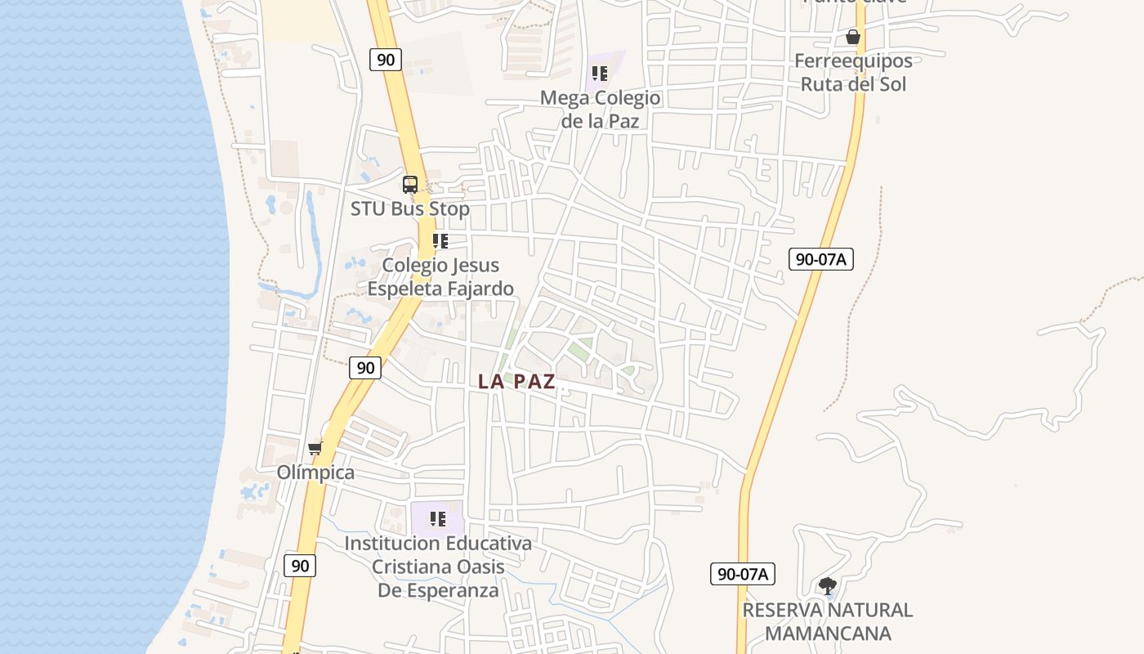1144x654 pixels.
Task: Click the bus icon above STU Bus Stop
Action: click(410, 185)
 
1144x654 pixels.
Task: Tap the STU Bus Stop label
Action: click(410, 208)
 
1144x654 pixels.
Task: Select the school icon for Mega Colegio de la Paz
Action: click(600, 74)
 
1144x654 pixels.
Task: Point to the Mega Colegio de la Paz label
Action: click(600, 109)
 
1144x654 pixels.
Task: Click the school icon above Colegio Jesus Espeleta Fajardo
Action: click(440, 241)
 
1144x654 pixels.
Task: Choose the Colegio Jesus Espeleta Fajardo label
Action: click(440, 276)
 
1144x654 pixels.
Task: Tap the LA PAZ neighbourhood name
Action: click(516, 381)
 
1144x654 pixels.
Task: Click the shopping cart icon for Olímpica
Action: click(315, 448)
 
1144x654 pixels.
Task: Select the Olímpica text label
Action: click(315, 473)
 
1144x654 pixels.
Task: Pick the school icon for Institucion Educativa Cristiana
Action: click(438, 519)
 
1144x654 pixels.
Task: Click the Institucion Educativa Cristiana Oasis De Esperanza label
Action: click(438, 566)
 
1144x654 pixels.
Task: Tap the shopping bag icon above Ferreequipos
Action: click(853, 37)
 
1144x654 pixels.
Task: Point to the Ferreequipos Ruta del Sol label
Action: click(853, 72)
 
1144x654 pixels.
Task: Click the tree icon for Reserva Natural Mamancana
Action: click(827, 585)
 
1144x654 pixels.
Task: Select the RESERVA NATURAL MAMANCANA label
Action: click(827, 621)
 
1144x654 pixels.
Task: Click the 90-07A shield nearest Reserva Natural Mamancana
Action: click(742, 574)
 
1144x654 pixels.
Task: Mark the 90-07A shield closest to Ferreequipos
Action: click(821, 259)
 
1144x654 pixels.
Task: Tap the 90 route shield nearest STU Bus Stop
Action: click(385, 59)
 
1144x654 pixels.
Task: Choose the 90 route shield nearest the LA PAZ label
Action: click(365, 368)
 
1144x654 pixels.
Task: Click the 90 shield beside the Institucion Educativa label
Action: click(300, 565)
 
